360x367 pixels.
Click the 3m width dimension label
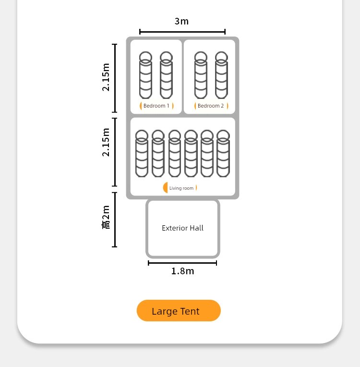click(181, 21)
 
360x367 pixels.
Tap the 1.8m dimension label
click(182, 271)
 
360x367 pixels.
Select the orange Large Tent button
click(179, 311)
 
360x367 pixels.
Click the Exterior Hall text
click(182, 228)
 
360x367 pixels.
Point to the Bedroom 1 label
click(156, 106)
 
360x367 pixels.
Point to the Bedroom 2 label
click(211, 106)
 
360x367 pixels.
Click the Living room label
click(181, 188)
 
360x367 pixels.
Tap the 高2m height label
click(106, 217)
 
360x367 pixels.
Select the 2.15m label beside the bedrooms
click(106, 77)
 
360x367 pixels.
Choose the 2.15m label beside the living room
click(106, 142)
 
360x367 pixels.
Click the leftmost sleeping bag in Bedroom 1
click(145, 75)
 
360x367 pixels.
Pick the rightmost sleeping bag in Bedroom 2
click(221, 75)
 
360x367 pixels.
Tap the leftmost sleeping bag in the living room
click(142, 154)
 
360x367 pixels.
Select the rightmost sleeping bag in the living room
click(223, 154)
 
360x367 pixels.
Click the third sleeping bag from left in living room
click(175, 154)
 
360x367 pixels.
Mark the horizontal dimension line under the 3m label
click(182, 32)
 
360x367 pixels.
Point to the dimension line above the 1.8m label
click(182, 263)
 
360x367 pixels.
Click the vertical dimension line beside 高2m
click(115, 220)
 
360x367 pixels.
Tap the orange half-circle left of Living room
click(166, 187)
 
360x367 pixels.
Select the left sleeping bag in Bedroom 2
click(201, 75)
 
